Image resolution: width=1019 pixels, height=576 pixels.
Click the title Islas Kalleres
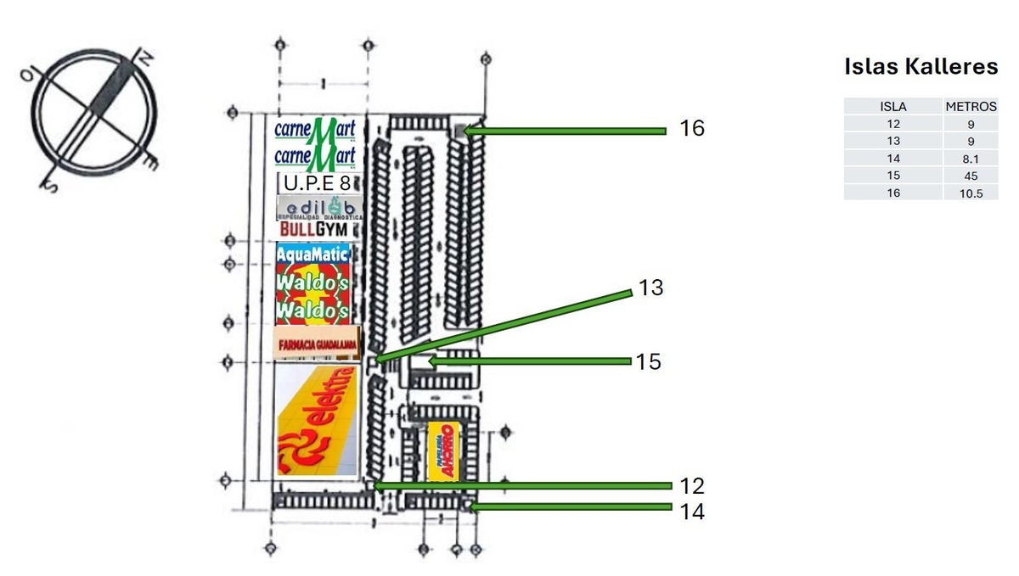click(920, 67)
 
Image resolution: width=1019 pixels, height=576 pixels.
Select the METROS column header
click(971, 107)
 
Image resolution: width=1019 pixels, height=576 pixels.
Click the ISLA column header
click(892, 107)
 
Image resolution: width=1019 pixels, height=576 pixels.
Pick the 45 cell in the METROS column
click(971, 176)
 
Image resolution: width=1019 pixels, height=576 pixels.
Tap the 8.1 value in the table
click(971, 159)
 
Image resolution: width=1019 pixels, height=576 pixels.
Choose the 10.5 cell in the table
click(971, 193)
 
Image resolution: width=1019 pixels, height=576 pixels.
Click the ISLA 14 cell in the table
click(892, 159)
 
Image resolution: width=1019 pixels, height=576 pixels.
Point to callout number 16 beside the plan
click(692, 128)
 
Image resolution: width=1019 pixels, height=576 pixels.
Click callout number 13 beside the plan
click(650, 288)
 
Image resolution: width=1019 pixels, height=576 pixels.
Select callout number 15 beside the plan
click(648, 361)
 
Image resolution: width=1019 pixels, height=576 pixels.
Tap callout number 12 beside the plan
click(692, 486)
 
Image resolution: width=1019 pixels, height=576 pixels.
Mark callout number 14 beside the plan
click(692, 512)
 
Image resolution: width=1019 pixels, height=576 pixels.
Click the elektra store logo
click(317, 419)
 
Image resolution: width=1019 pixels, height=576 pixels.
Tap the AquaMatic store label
click(312, 254)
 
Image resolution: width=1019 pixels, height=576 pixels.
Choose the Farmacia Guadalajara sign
click(316, 344)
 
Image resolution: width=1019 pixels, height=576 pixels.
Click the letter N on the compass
click(144, 58)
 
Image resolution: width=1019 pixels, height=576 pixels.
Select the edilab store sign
click(317, 208)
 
